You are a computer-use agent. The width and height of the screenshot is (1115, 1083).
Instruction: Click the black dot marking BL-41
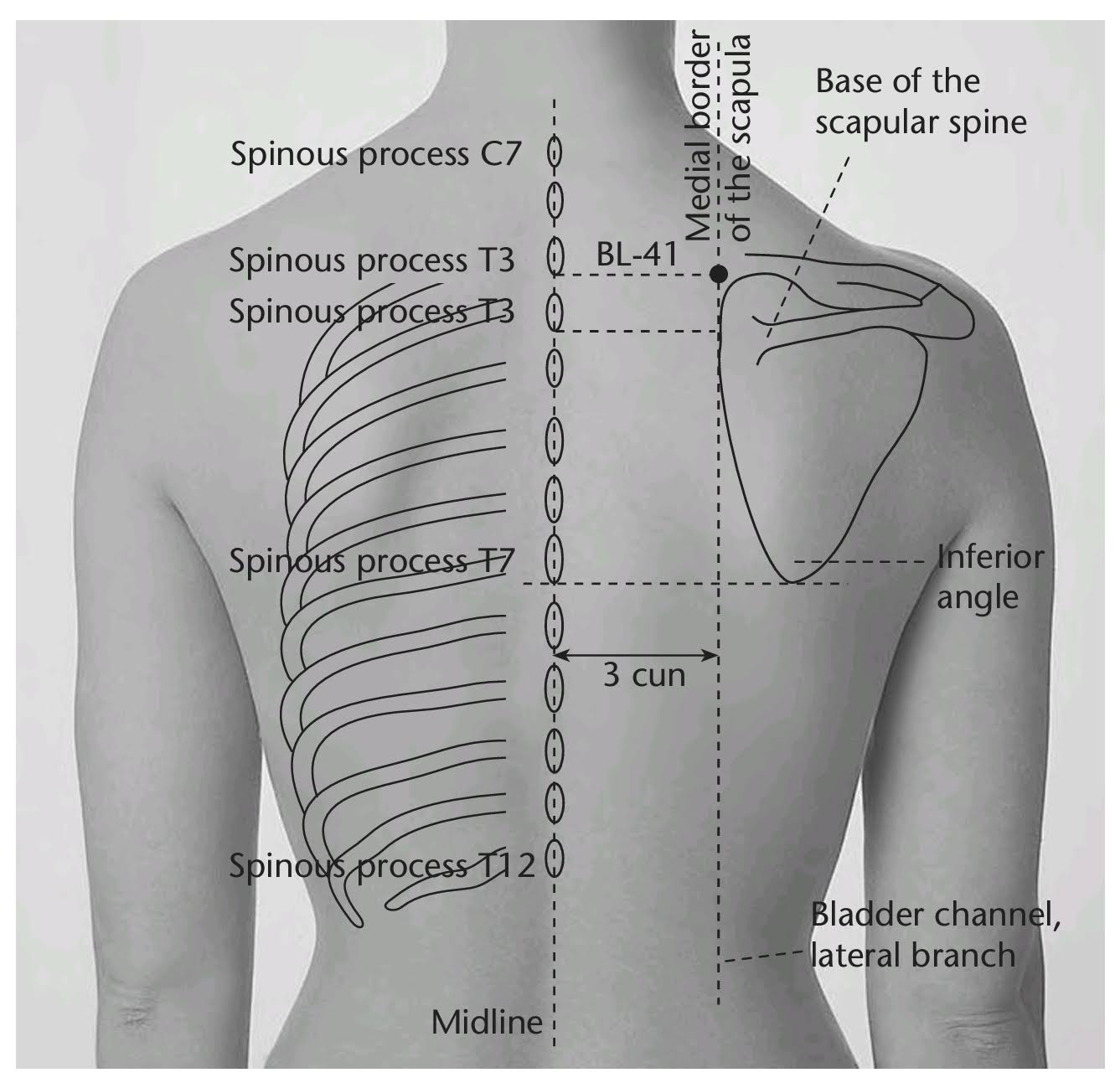point(718,273)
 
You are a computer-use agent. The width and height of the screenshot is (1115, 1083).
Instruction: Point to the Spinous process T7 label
point(369,560)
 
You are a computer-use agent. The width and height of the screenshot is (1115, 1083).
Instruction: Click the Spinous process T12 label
point(381,865)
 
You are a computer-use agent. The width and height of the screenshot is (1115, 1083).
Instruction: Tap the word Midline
point(487,1022)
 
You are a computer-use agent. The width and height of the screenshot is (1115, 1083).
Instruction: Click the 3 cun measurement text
point(644,675)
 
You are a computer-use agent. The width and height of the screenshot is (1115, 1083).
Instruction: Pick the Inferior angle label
point(989,577)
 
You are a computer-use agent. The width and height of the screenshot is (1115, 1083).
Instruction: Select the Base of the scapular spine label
point(920,102)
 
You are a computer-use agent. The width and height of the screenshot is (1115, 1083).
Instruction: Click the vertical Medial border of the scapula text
point(718,138)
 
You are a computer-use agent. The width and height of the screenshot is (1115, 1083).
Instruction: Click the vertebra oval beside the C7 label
point(554,153)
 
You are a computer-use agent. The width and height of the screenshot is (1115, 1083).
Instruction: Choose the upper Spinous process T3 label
point(372,260)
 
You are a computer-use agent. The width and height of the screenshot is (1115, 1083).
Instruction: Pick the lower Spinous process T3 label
point(372,312)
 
